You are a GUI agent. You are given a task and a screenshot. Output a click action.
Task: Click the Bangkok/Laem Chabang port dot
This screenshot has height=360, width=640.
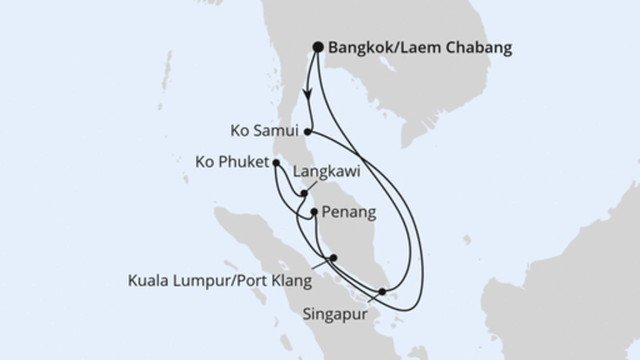318,47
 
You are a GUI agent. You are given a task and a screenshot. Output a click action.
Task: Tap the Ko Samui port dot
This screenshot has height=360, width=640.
309,130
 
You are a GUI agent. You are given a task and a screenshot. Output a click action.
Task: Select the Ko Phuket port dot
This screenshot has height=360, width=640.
276,163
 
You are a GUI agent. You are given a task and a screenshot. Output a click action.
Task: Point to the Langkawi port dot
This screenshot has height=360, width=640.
305,193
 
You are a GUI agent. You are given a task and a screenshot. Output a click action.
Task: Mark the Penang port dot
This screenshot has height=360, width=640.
314,213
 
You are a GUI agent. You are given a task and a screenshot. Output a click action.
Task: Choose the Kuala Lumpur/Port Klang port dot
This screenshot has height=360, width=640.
334,258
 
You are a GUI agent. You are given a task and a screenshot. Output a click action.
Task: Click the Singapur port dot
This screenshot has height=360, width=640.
382,291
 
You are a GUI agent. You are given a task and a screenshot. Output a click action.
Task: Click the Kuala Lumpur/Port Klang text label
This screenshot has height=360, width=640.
220,282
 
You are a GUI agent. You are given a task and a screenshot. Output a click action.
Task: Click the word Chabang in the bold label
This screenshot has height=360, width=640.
479,48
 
